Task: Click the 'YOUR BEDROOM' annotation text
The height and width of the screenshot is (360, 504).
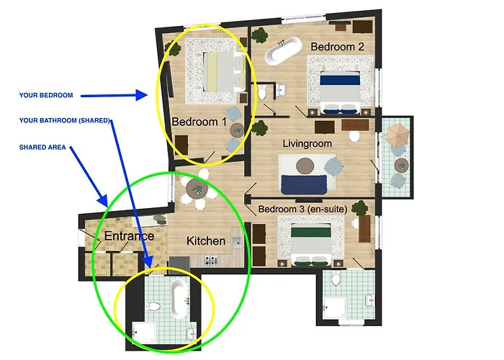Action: coord(46,95)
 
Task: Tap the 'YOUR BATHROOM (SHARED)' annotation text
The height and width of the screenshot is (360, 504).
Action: coord(65,120)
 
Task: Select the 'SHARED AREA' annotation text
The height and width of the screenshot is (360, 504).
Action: coord(42,147)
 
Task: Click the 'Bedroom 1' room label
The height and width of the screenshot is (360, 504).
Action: coord(199,122)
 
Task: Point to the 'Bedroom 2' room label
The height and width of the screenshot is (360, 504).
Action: coord(338,47)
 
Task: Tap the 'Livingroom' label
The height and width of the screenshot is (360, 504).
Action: coord(307,143)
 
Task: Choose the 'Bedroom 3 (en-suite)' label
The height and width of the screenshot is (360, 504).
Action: coord(303,210)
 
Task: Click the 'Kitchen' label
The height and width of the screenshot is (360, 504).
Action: coord(206,240)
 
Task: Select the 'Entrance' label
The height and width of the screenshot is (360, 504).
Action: coord(129,236)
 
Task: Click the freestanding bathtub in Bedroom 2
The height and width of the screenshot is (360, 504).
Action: coord(283,51)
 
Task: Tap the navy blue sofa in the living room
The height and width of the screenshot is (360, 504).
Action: coord(304,184)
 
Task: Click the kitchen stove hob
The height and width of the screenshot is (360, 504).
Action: coord(210,260)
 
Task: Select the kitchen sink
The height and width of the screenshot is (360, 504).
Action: coord(237,243)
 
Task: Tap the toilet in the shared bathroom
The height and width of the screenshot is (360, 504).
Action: coord(153,307)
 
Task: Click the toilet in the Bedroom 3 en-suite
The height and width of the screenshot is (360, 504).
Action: coord(336,279)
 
